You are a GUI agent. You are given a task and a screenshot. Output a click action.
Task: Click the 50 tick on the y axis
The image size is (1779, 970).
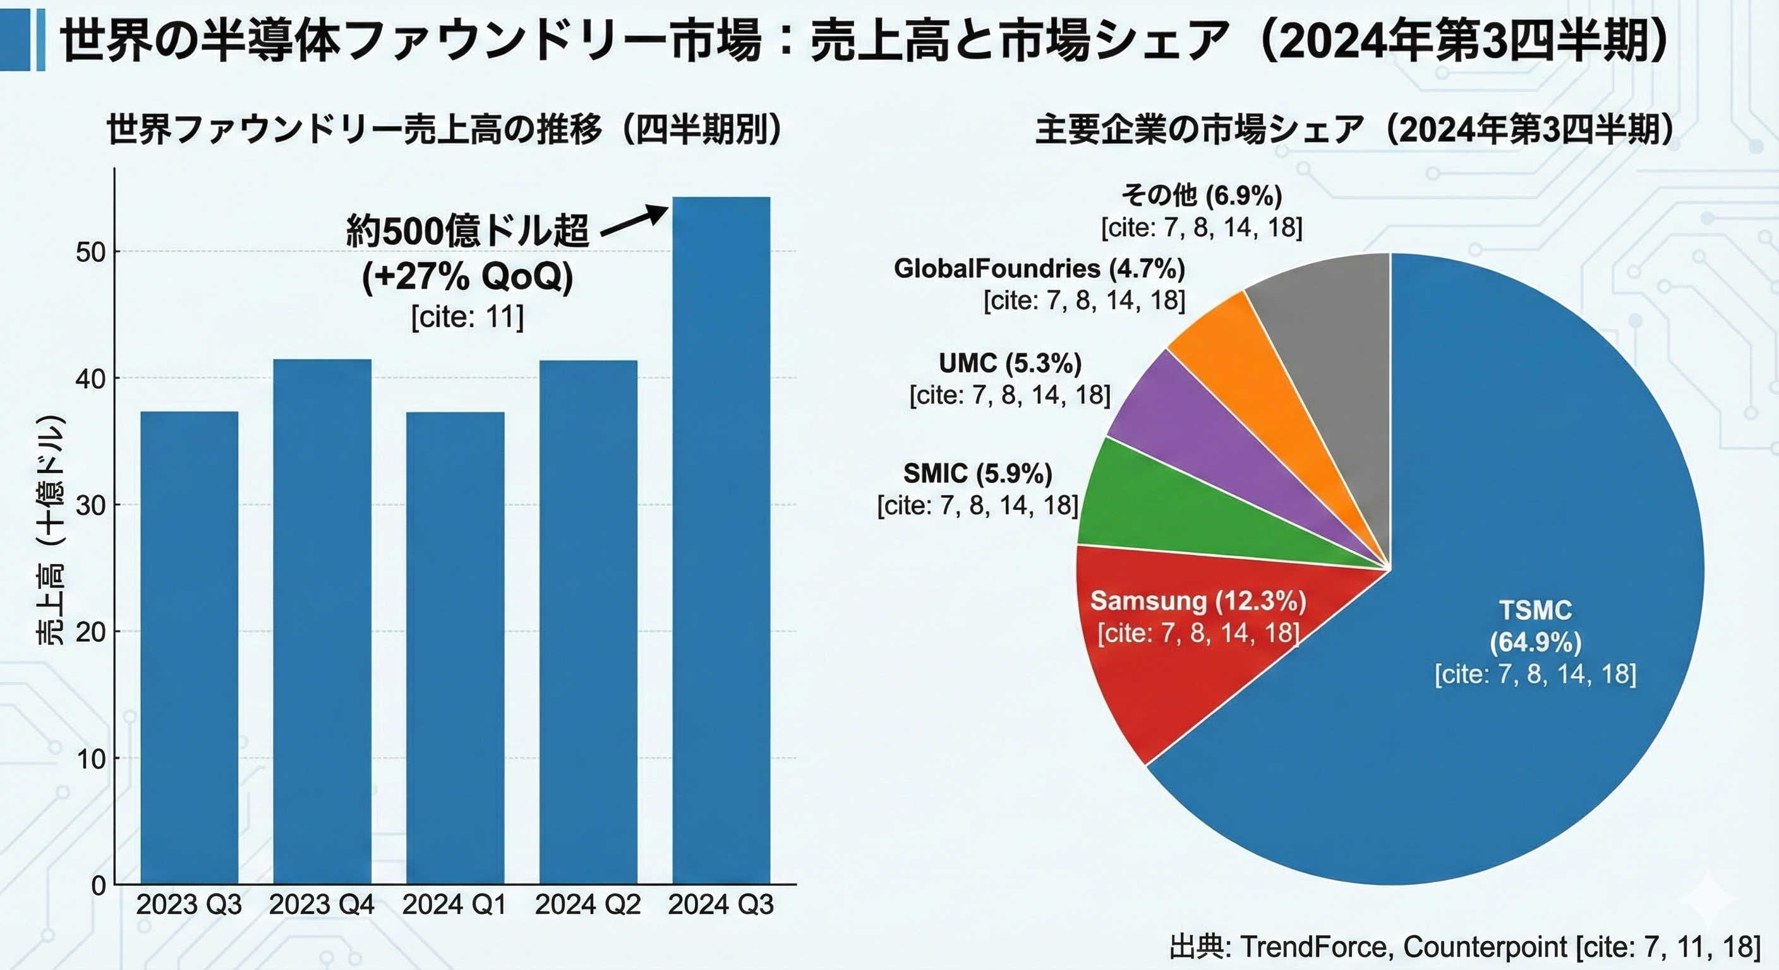[x=90, y=252]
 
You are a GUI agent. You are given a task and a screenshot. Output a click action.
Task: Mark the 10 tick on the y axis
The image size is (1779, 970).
[x=90, y=758]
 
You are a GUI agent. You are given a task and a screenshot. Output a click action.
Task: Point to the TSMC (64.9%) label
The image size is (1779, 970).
[x=1535, y=627]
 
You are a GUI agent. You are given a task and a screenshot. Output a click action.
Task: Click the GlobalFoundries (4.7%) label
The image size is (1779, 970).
[x=1039, y=268]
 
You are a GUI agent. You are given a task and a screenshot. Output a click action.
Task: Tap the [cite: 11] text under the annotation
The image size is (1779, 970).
[x=467, y=318]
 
